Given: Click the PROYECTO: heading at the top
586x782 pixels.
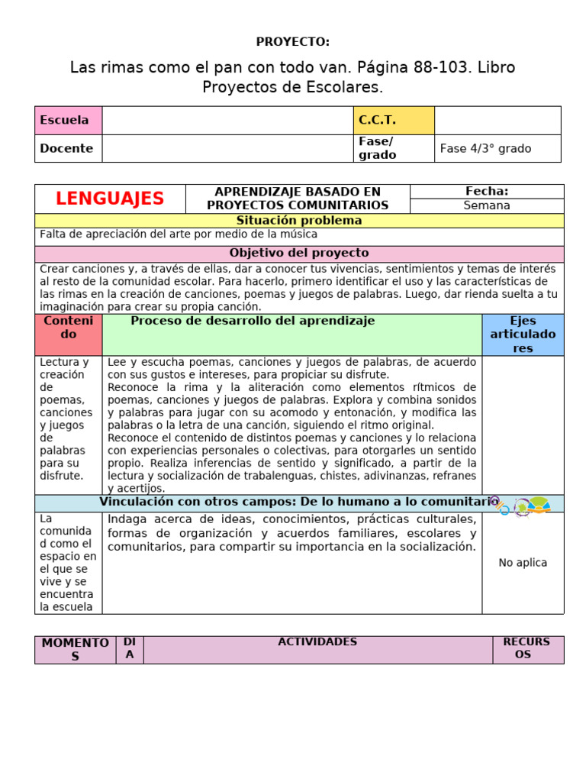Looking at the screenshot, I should pyautogui.click(x=293, y=41).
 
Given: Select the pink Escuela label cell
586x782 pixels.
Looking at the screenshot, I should pyautogui.click(x=68, y=121).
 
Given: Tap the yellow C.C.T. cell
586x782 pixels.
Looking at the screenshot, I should pyautogui.click(x=393, y=121).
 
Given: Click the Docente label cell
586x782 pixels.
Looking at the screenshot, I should pyautogui.click(x=68, y=149).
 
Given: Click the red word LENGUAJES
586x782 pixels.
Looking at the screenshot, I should pyautogui.click(x=110, y=199).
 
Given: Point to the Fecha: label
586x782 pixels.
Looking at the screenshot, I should pyautogui.click(x=487, y=192).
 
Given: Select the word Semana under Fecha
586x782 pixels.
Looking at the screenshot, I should pyautogui.click(x=487, y=205).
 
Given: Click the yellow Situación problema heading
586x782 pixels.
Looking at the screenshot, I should pyautogui.click(x=299, y=221).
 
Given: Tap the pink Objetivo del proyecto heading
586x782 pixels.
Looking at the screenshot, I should pyautogui.click(x=299, y=253).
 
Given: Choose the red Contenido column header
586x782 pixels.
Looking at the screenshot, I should pyautogui.click(x=69, y=328).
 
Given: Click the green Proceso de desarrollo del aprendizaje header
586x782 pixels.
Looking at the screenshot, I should pyautogui.click(x=253, y=322).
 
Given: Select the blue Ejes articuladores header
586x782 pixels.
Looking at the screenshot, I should pyautogui.click(x=523, y=334).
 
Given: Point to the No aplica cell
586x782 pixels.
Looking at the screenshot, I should pyautogui.click(x=523, y=563).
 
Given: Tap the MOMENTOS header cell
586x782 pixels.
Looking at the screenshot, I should pyautogui.click(x=75, y=649).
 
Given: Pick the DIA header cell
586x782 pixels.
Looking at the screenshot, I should pyautogui.click(x=130, y=648).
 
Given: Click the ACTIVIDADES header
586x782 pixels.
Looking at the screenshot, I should pyautogui.click(x=317, y=642).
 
